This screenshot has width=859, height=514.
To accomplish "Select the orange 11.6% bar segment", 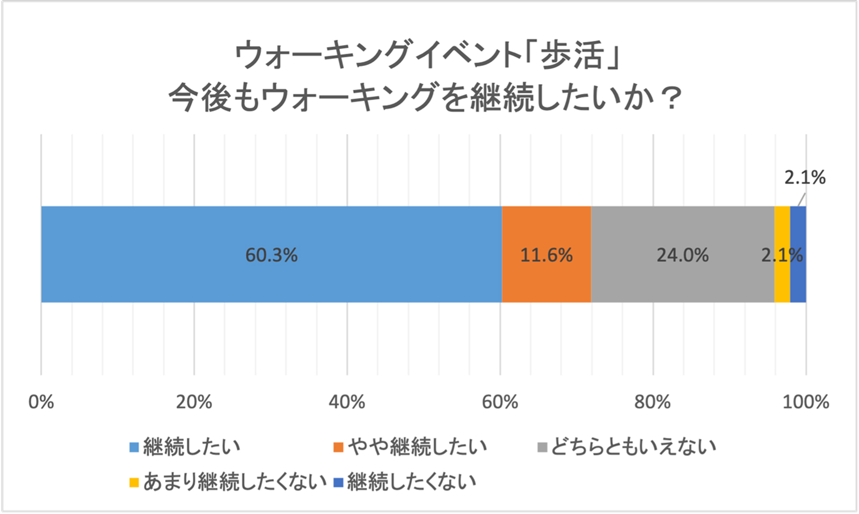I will coord(547,279).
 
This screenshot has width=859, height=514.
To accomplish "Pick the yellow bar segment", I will coord(782,284).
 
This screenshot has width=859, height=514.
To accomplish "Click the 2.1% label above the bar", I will coord(805,177).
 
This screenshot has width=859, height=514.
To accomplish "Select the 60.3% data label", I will coord(271,255).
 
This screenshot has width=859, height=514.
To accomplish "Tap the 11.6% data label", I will coord(547,255).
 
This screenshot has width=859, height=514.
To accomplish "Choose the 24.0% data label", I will coord(682,255).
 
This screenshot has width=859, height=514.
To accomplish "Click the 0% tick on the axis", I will coord(41,402).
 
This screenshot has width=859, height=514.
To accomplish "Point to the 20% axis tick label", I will coord(194,402).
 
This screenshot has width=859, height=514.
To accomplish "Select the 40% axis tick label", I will coord(347,402).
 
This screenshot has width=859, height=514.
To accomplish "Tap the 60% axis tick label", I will coord(500,402).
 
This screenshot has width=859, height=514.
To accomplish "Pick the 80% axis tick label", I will coord(653,402).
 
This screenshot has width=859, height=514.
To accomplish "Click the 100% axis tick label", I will coord(805,402).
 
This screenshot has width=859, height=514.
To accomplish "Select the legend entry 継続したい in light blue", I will coord(185,446).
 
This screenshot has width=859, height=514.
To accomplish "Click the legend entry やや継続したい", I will coord(411,446).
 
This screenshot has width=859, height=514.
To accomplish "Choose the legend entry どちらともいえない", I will coord(627,446).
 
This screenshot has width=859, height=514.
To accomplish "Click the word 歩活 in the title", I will coord(572,55).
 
